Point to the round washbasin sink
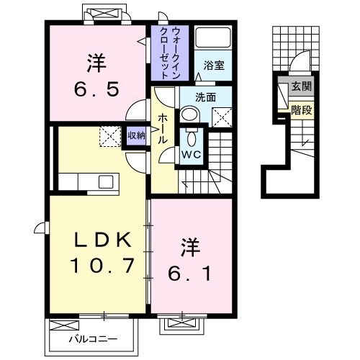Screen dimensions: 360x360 click(189, 114)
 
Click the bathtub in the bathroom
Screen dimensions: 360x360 click(212, 40)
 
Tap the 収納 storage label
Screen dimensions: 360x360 click(135, 135)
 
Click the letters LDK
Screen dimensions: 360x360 click(101, 240)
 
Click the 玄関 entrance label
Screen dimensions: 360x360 click(300, 87)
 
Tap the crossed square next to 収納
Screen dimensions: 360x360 click(110, 135)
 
